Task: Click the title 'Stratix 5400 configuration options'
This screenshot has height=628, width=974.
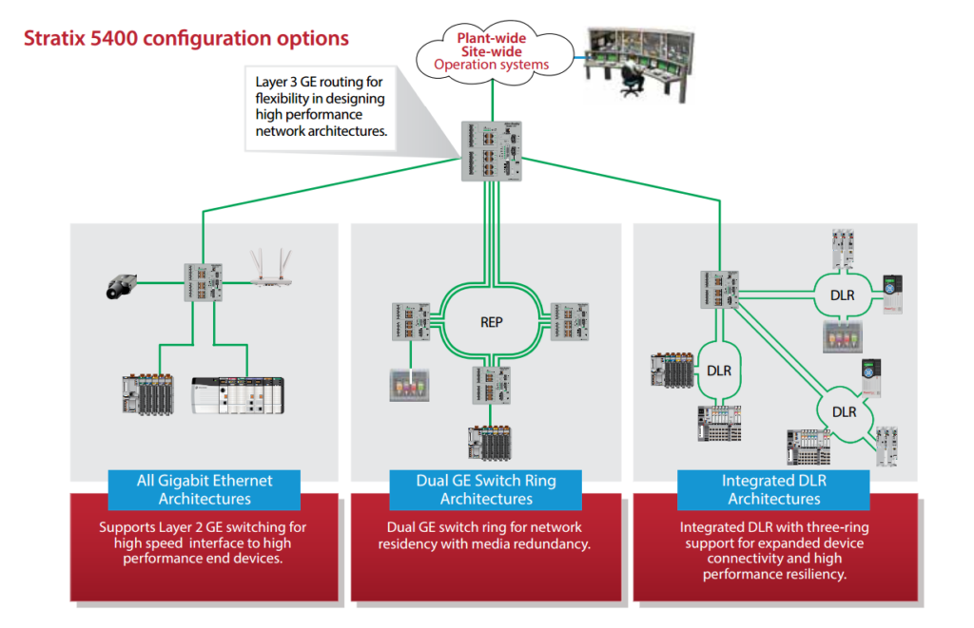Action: pos(185,39)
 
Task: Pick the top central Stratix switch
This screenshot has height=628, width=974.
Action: pos(493,151)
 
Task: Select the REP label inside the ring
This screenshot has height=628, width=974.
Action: pos(491,322)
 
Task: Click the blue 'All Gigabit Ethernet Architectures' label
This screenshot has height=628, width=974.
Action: pos(205,489)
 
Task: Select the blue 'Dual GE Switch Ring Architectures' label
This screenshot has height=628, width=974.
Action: pos(486,489)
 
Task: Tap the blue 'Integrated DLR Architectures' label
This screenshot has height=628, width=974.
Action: pos(773,489)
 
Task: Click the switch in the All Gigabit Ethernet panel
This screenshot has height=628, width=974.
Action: pos(205,282)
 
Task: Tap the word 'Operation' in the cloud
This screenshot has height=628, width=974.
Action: pos(464,66)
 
